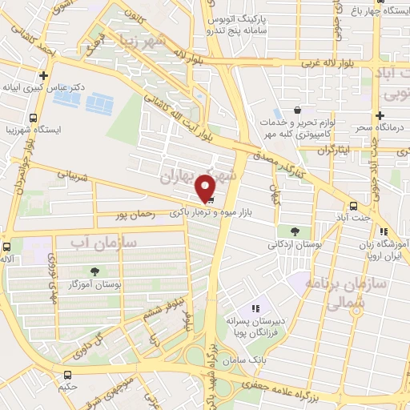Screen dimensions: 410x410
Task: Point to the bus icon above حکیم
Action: click(x=67, y=374)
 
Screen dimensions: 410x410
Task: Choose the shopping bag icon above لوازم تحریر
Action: click(x=298, y=110)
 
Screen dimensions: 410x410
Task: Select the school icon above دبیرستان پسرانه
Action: click(x=255, y=308)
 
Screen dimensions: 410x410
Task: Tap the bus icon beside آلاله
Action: click(x=6, y=247)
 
